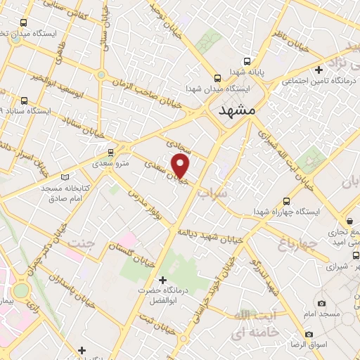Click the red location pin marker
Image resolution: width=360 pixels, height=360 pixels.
click(181, 166)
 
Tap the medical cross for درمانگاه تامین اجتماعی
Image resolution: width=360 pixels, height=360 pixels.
click(319, 70)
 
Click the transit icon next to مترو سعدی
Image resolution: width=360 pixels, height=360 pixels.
click(110, 153)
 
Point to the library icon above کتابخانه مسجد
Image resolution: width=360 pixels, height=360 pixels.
click(65, 177)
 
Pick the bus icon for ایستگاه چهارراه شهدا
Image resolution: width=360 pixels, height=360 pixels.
click(285, 200)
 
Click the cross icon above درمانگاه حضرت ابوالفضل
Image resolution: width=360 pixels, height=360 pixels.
click(163, 280)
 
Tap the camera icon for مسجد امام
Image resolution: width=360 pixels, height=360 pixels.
click(321, 303)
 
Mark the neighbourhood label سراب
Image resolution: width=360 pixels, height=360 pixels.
click(212, 191)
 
